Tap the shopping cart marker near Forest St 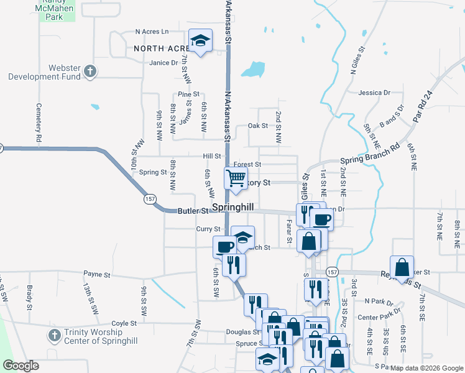pyautogui.click(x=236, y=178)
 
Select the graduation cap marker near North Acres pyautogui.click(x=200, y=41)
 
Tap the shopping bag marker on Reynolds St pyautogui.click(x=402, y=267)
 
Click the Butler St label pyautogui.click(x=192, y=211)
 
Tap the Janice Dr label pyautogui.click(x=163, y=63)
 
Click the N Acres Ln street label pyautogui.click(x=152, y=32)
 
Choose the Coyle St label pyautogui.click(x=124, y=323)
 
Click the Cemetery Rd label pyautogui.click(x=39, y=124)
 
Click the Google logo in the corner pyautogui.click(x=21, y=366)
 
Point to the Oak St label pyautogui.click(x=257, y=126)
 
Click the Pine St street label pyautogui.click(x=188, y=94)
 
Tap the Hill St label pyautogui.click(x=211, y=157)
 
